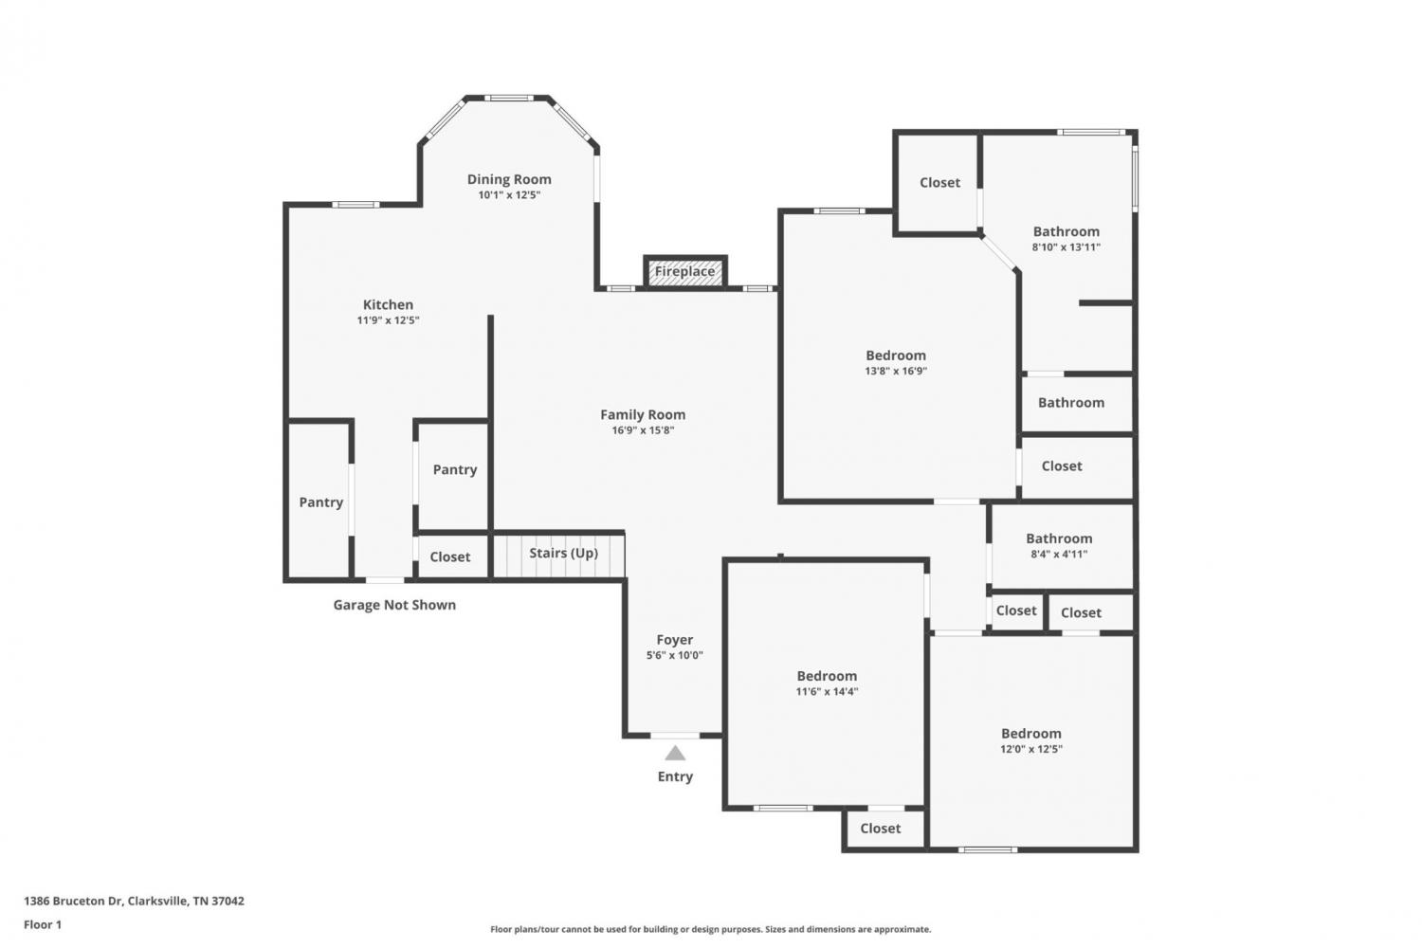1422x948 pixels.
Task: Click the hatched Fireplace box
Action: click(685, 272)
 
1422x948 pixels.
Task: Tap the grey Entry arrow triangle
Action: click(675, 753)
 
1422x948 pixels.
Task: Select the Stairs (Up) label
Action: click(564, 553)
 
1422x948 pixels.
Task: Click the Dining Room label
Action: click(509, 179)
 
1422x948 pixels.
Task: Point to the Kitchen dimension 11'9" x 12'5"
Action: click(388, 320)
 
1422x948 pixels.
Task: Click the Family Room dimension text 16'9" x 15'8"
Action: click(643, 430)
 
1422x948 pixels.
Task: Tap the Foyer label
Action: click(675, 640)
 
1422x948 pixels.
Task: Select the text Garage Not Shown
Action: click(394, 605)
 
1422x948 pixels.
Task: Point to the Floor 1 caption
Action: click(43, 924)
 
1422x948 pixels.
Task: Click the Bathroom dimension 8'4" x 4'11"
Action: click(1059, 555)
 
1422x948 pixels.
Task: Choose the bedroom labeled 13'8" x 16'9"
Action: click(896, 362)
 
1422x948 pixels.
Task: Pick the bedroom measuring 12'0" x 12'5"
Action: click(1031, 740)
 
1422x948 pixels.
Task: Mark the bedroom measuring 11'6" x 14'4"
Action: click(827, 684)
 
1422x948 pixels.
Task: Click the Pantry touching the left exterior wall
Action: click(320, 502)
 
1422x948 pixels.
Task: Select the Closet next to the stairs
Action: click(450, 556)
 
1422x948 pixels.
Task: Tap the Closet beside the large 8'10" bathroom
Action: click(939, 183)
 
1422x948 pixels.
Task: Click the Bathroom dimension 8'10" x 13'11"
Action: click(1066, 247)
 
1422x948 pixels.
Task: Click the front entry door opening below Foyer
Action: click(675, 736)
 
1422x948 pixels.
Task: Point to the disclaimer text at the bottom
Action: click(710, 929)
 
